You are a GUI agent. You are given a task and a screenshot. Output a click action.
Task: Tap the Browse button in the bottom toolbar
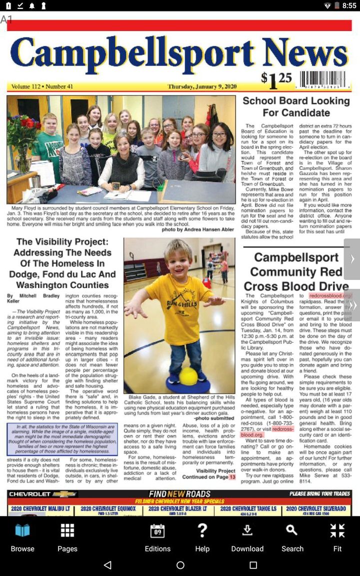pyautogui.click(x=22, y=537)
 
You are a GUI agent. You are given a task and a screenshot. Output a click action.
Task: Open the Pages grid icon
pyautogui.click(x=67, y=537)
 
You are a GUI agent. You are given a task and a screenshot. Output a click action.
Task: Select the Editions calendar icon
pyautogui.click(x=157, y=537)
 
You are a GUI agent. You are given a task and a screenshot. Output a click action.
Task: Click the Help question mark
pyautogui.click(x=202, y=537)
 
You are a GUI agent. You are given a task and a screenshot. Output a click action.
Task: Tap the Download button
pyautogui.click(x=247, y=537)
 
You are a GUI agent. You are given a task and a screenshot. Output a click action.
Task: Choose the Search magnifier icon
pyautogui.click(x=292, y=537)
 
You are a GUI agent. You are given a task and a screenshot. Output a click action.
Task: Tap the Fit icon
pyautogui.click(x=337, y=537)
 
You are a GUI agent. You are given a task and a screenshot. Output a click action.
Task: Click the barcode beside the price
pyautogui.click(x=322, y=80)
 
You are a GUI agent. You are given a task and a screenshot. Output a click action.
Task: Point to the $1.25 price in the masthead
pyautogui.click(x=276, y=79)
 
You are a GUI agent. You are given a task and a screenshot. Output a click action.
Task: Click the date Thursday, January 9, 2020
pyautogui.click(x=202, y=86)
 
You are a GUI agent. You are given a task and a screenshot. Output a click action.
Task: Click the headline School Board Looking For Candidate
pyautogui.click(x=296, y=106)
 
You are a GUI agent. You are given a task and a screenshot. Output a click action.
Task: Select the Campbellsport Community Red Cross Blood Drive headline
pyautogui.click(x=296, y=271)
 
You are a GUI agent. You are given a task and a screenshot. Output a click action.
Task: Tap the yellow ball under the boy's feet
pyautogui.click(x=188, y=376)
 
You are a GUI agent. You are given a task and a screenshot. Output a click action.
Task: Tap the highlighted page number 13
pyautogui.click(x=232, y=477)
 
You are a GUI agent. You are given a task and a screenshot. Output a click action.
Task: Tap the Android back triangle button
pyautogui.click(x=107, y=565)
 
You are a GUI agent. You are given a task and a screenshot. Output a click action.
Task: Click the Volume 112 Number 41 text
pyautogui.click(x=42, y=86)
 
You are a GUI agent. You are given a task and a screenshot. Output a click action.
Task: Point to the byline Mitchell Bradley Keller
pyautogui.click(x=32, y=298)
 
